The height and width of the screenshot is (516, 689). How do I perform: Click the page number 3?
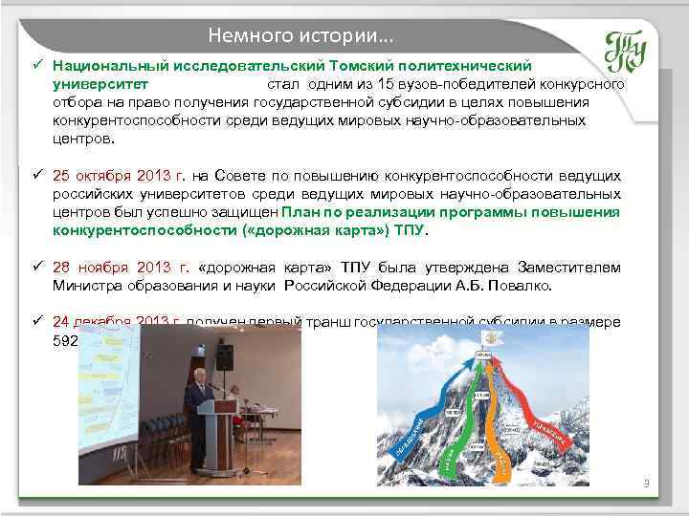click(x=647, y=484)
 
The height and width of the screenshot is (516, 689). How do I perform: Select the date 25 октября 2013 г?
click(x=121, y=176)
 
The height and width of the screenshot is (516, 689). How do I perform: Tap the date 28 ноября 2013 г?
click(x=121, y=267)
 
